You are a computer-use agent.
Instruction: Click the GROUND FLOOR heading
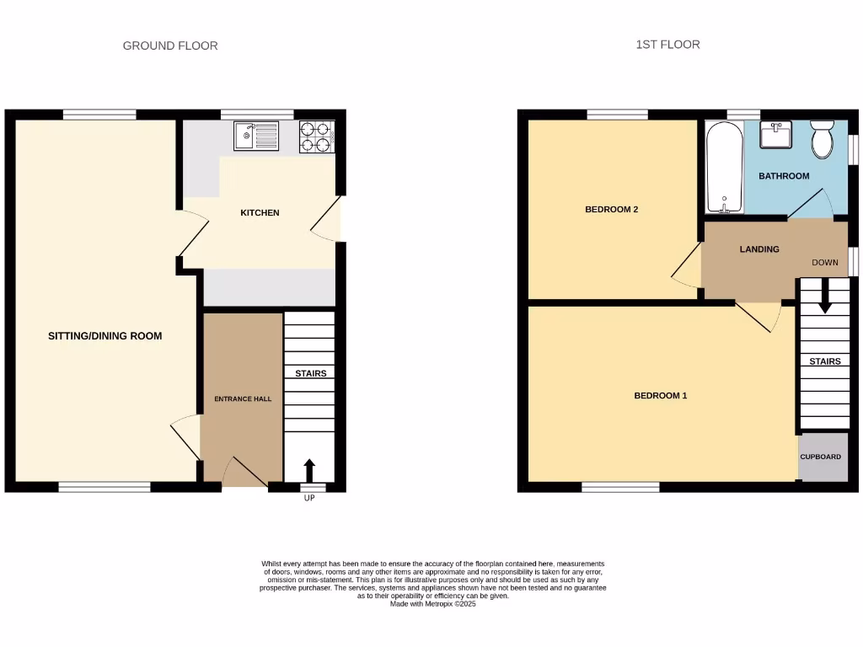click(x=170, y=45)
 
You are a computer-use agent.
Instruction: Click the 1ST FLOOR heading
click(x=667, y=44)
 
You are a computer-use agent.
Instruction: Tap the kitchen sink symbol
click(x=256, y=136)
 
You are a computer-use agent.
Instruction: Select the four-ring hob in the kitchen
click(x=317, y=137)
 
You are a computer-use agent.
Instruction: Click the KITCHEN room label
click(x=260, y=213)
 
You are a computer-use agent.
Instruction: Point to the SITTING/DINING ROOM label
click(x=105, y=336)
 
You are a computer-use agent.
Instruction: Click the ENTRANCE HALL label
click(x=242, y=398)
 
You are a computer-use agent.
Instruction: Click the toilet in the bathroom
click(x=822, y=139)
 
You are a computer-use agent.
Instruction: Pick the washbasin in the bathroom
click(x=775, y=135)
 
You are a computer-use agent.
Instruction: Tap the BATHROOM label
click(x=784, y=176)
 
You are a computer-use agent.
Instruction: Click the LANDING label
click(x=758, y=249)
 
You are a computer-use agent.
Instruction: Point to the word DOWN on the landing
click(x=825, y=263)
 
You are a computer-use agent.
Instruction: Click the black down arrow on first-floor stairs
click(x=824, y=296)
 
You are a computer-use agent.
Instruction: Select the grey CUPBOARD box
click(x=821, y=457)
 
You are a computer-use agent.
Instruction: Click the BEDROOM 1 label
click(x=660, y=395)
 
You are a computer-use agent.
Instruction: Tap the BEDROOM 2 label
click(x=611, y=210)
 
